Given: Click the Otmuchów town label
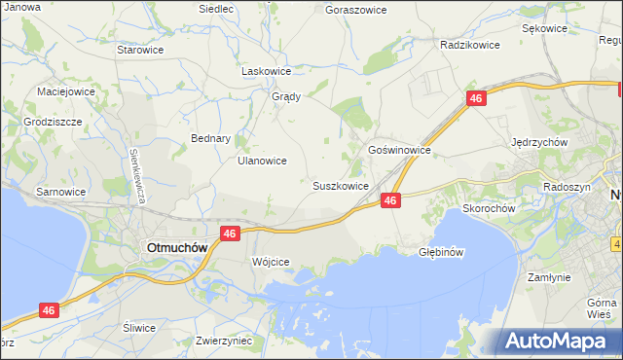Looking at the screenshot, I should coord(176,247).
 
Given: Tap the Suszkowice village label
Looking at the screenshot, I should coord(340,185).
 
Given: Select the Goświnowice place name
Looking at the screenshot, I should coord(399,151).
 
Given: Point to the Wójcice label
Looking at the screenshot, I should coord(271,263).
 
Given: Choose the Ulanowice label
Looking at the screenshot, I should coord(262,161).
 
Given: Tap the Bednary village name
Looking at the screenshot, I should coord(210,138).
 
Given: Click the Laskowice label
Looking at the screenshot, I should coord(267,71).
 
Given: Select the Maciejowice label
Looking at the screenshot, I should coord(65,91).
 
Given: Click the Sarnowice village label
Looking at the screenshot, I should coord(61,192).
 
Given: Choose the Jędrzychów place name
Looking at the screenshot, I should coord(539,141).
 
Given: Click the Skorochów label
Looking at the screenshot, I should coord(489,207).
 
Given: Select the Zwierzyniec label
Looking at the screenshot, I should coord(224,341).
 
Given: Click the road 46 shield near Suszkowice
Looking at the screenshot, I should coord(390,199).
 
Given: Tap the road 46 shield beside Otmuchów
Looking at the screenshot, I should coord(230,234).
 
